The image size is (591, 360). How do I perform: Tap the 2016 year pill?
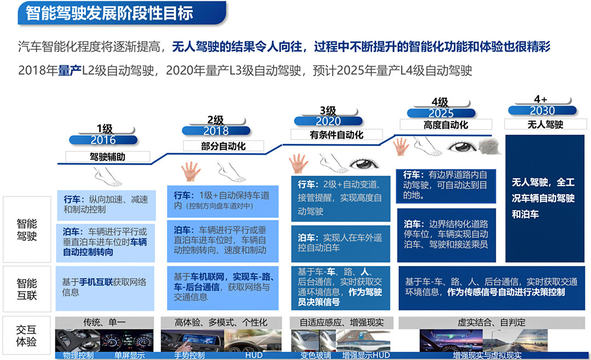point(103,140)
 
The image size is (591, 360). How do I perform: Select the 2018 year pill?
point(216,131)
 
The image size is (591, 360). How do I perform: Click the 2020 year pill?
point(328,121)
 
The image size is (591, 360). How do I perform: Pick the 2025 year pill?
point(441,113)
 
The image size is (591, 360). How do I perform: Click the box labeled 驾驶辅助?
point(108,156)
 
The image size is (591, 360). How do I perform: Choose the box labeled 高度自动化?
point(445,125)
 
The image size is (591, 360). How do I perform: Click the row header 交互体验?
point(27,336)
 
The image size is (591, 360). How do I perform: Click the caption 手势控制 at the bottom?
point(189,356)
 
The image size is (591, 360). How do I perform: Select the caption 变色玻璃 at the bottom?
point(314,356)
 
